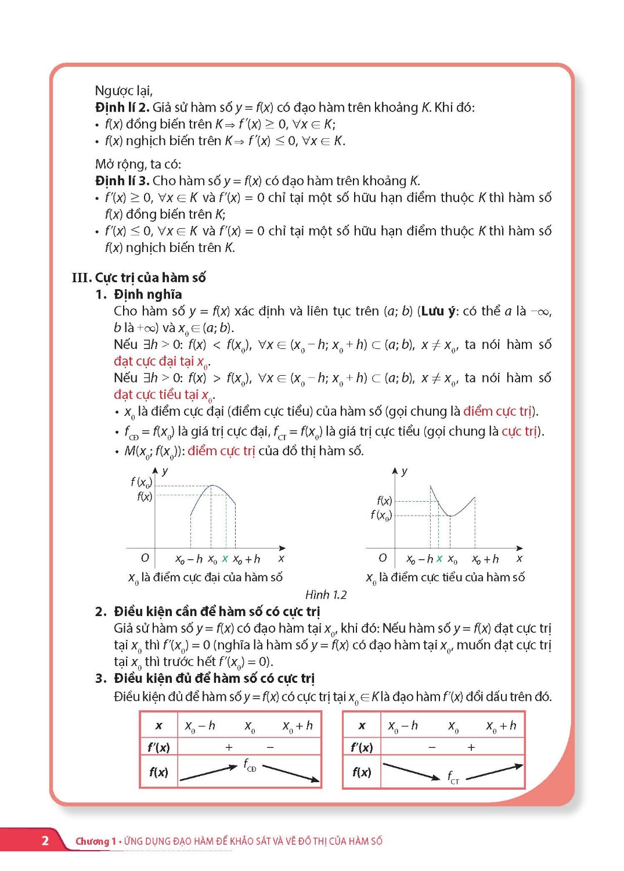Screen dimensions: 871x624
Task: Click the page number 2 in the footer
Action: [x=45, y=840]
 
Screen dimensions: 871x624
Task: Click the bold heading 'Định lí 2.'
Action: [x=122, y=107]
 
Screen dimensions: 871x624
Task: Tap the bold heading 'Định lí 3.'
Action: [x=122, y=181]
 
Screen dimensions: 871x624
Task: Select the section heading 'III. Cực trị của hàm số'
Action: [x=139, y=278]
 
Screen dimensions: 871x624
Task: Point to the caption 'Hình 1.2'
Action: [x=326, y=595]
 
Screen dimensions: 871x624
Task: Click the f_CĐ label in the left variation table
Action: [x=250, y=765]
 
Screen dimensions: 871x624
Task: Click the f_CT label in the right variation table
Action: [x=453, y=777]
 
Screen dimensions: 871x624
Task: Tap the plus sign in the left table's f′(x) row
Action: [x=229, y=747]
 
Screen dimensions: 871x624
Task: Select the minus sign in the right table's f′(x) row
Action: [x=432, y=747]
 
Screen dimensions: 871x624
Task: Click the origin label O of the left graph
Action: [x=145, y=557]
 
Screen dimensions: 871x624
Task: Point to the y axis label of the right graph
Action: [x=404, y=471]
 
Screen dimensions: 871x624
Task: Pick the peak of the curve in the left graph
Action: [x=212, y=485]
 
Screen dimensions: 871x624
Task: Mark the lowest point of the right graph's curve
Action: [x=450, y=516]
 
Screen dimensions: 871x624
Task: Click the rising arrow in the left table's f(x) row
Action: [x=208, y=773]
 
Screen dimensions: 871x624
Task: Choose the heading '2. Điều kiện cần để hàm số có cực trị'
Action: [x=208, y=611]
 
